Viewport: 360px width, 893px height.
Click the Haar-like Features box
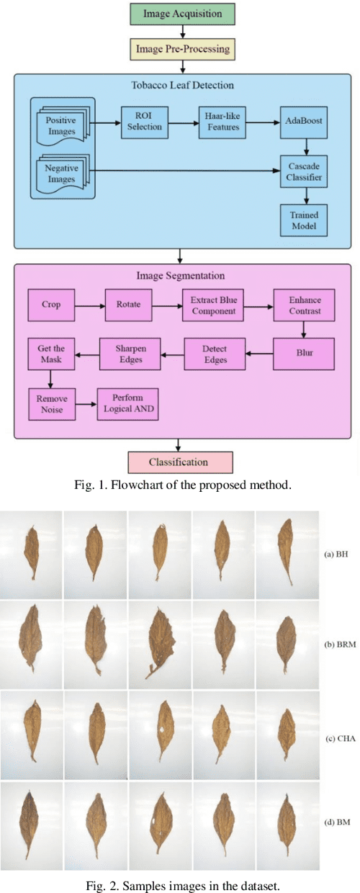(x=220, y=122)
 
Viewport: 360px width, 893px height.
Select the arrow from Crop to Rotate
(x=89, y=305)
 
